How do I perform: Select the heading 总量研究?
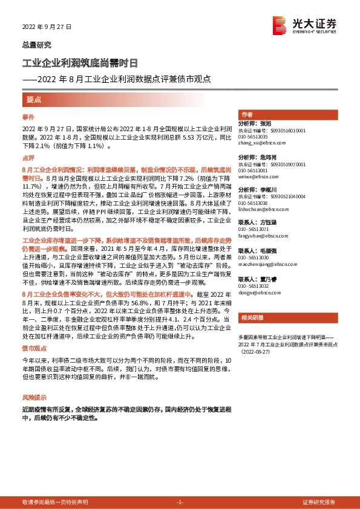36,45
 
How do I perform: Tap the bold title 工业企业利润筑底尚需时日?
80,63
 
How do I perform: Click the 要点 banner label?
34,99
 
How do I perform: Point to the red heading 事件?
28,116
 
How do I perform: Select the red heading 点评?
28,158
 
